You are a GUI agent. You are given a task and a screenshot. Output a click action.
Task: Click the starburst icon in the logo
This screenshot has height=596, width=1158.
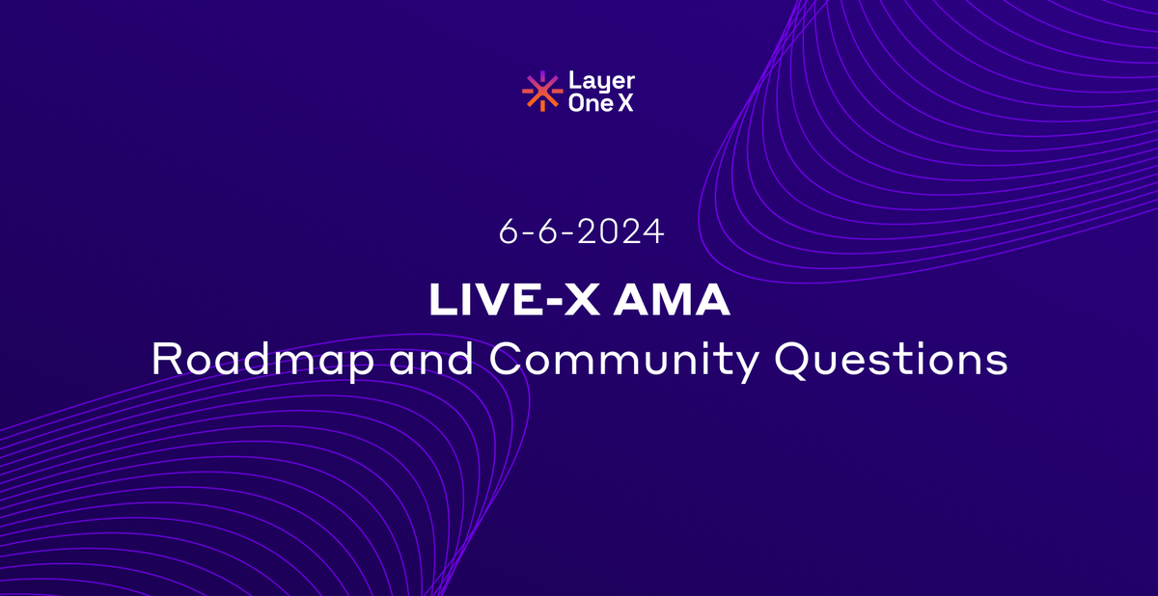tap(541, 92)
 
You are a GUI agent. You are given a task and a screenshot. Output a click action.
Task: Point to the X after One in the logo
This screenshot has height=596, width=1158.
tap(625, 103)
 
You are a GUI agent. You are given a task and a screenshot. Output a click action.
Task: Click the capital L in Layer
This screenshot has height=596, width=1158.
tap(574, 81)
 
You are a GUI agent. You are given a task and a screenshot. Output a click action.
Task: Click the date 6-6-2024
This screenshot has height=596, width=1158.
tap(581, 232)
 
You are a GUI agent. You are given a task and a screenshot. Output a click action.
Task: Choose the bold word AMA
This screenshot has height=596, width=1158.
tap(681, 301)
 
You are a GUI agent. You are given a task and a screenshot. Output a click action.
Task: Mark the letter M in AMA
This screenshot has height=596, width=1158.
tap(680, 301)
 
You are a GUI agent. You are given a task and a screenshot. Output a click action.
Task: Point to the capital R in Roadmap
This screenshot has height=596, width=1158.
tap(167, 360)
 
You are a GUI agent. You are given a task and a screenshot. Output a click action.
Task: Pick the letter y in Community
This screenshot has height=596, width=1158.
tap(748, 366)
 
